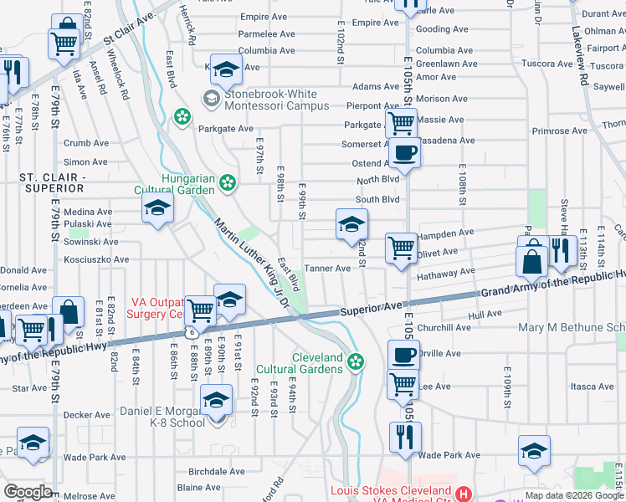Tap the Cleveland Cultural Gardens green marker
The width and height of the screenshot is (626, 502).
356,362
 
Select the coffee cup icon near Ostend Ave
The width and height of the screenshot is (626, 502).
405,154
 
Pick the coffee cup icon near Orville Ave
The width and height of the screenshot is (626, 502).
403,355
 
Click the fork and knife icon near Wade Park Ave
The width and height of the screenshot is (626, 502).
405,436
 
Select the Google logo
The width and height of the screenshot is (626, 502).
28,492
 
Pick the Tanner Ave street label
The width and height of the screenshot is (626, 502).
327,269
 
